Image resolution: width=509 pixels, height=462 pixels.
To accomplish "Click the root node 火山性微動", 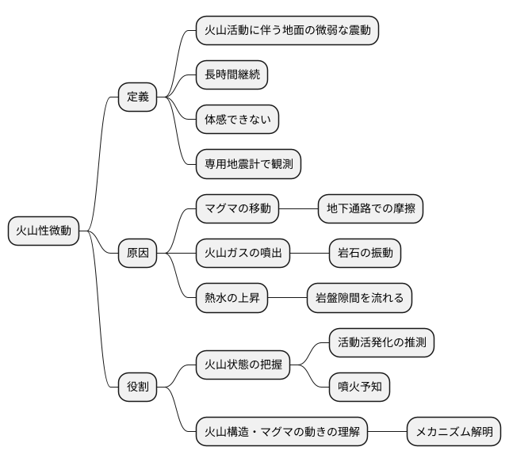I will tap(44, 231).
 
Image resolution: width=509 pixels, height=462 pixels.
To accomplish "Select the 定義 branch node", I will tap(137, 97).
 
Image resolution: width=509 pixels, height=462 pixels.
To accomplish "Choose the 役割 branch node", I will tap(137, 388).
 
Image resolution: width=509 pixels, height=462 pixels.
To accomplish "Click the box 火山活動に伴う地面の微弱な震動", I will tap(287, 31).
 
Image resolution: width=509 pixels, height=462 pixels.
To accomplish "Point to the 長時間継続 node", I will tap(232, 75).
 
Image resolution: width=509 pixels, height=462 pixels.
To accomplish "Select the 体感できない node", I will tap(237, 120).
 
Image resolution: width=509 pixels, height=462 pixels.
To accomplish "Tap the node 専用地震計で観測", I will tap(248, 164).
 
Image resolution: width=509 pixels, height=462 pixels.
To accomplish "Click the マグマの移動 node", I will tap(237, 209).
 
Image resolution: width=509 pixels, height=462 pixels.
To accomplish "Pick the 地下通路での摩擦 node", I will tap(370, 209).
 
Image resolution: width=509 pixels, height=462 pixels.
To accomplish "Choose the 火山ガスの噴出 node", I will tap(243, 254).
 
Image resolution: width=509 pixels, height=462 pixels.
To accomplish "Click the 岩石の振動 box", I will tap(365, 254).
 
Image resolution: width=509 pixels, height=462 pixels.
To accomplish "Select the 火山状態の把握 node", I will tap(243, 365).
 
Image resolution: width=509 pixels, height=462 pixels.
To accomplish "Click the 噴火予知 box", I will tap(359, 388).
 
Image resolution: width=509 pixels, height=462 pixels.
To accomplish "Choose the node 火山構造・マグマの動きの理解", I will tap(281, 432).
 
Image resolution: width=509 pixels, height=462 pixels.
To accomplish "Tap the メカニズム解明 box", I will tap(454, 432).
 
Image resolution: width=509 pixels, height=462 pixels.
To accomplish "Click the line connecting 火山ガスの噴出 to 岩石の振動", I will tap(309, 254).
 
